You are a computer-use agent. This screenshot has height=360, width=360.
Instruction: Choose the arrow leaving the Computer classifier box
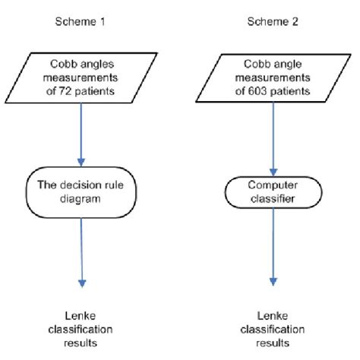(271, 251)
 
